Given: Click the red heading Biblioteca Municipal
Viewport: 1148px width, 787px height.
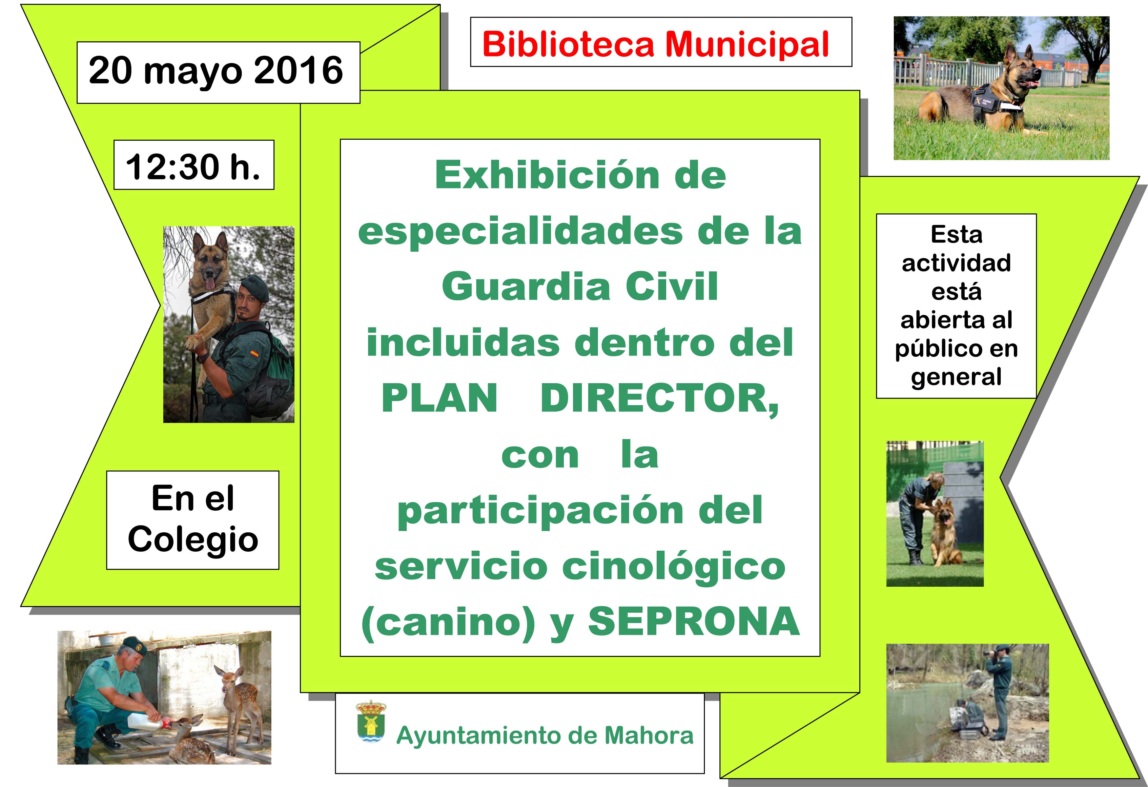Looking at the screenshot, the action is click(x=655, y=45).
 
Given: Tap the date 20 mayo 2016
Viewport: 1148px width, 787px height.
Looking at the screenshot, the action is click(x=216, y=70).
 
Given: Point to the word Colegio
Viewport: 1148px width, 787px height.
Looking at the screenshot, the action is click(x=193, y=539).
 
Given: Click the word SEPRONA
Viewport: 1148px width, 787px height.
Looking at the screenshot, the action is click(x=693, y=621).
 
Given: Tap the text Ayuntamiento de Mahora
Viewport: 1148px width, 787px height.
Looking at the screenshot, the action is click(x=545, y=735).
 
